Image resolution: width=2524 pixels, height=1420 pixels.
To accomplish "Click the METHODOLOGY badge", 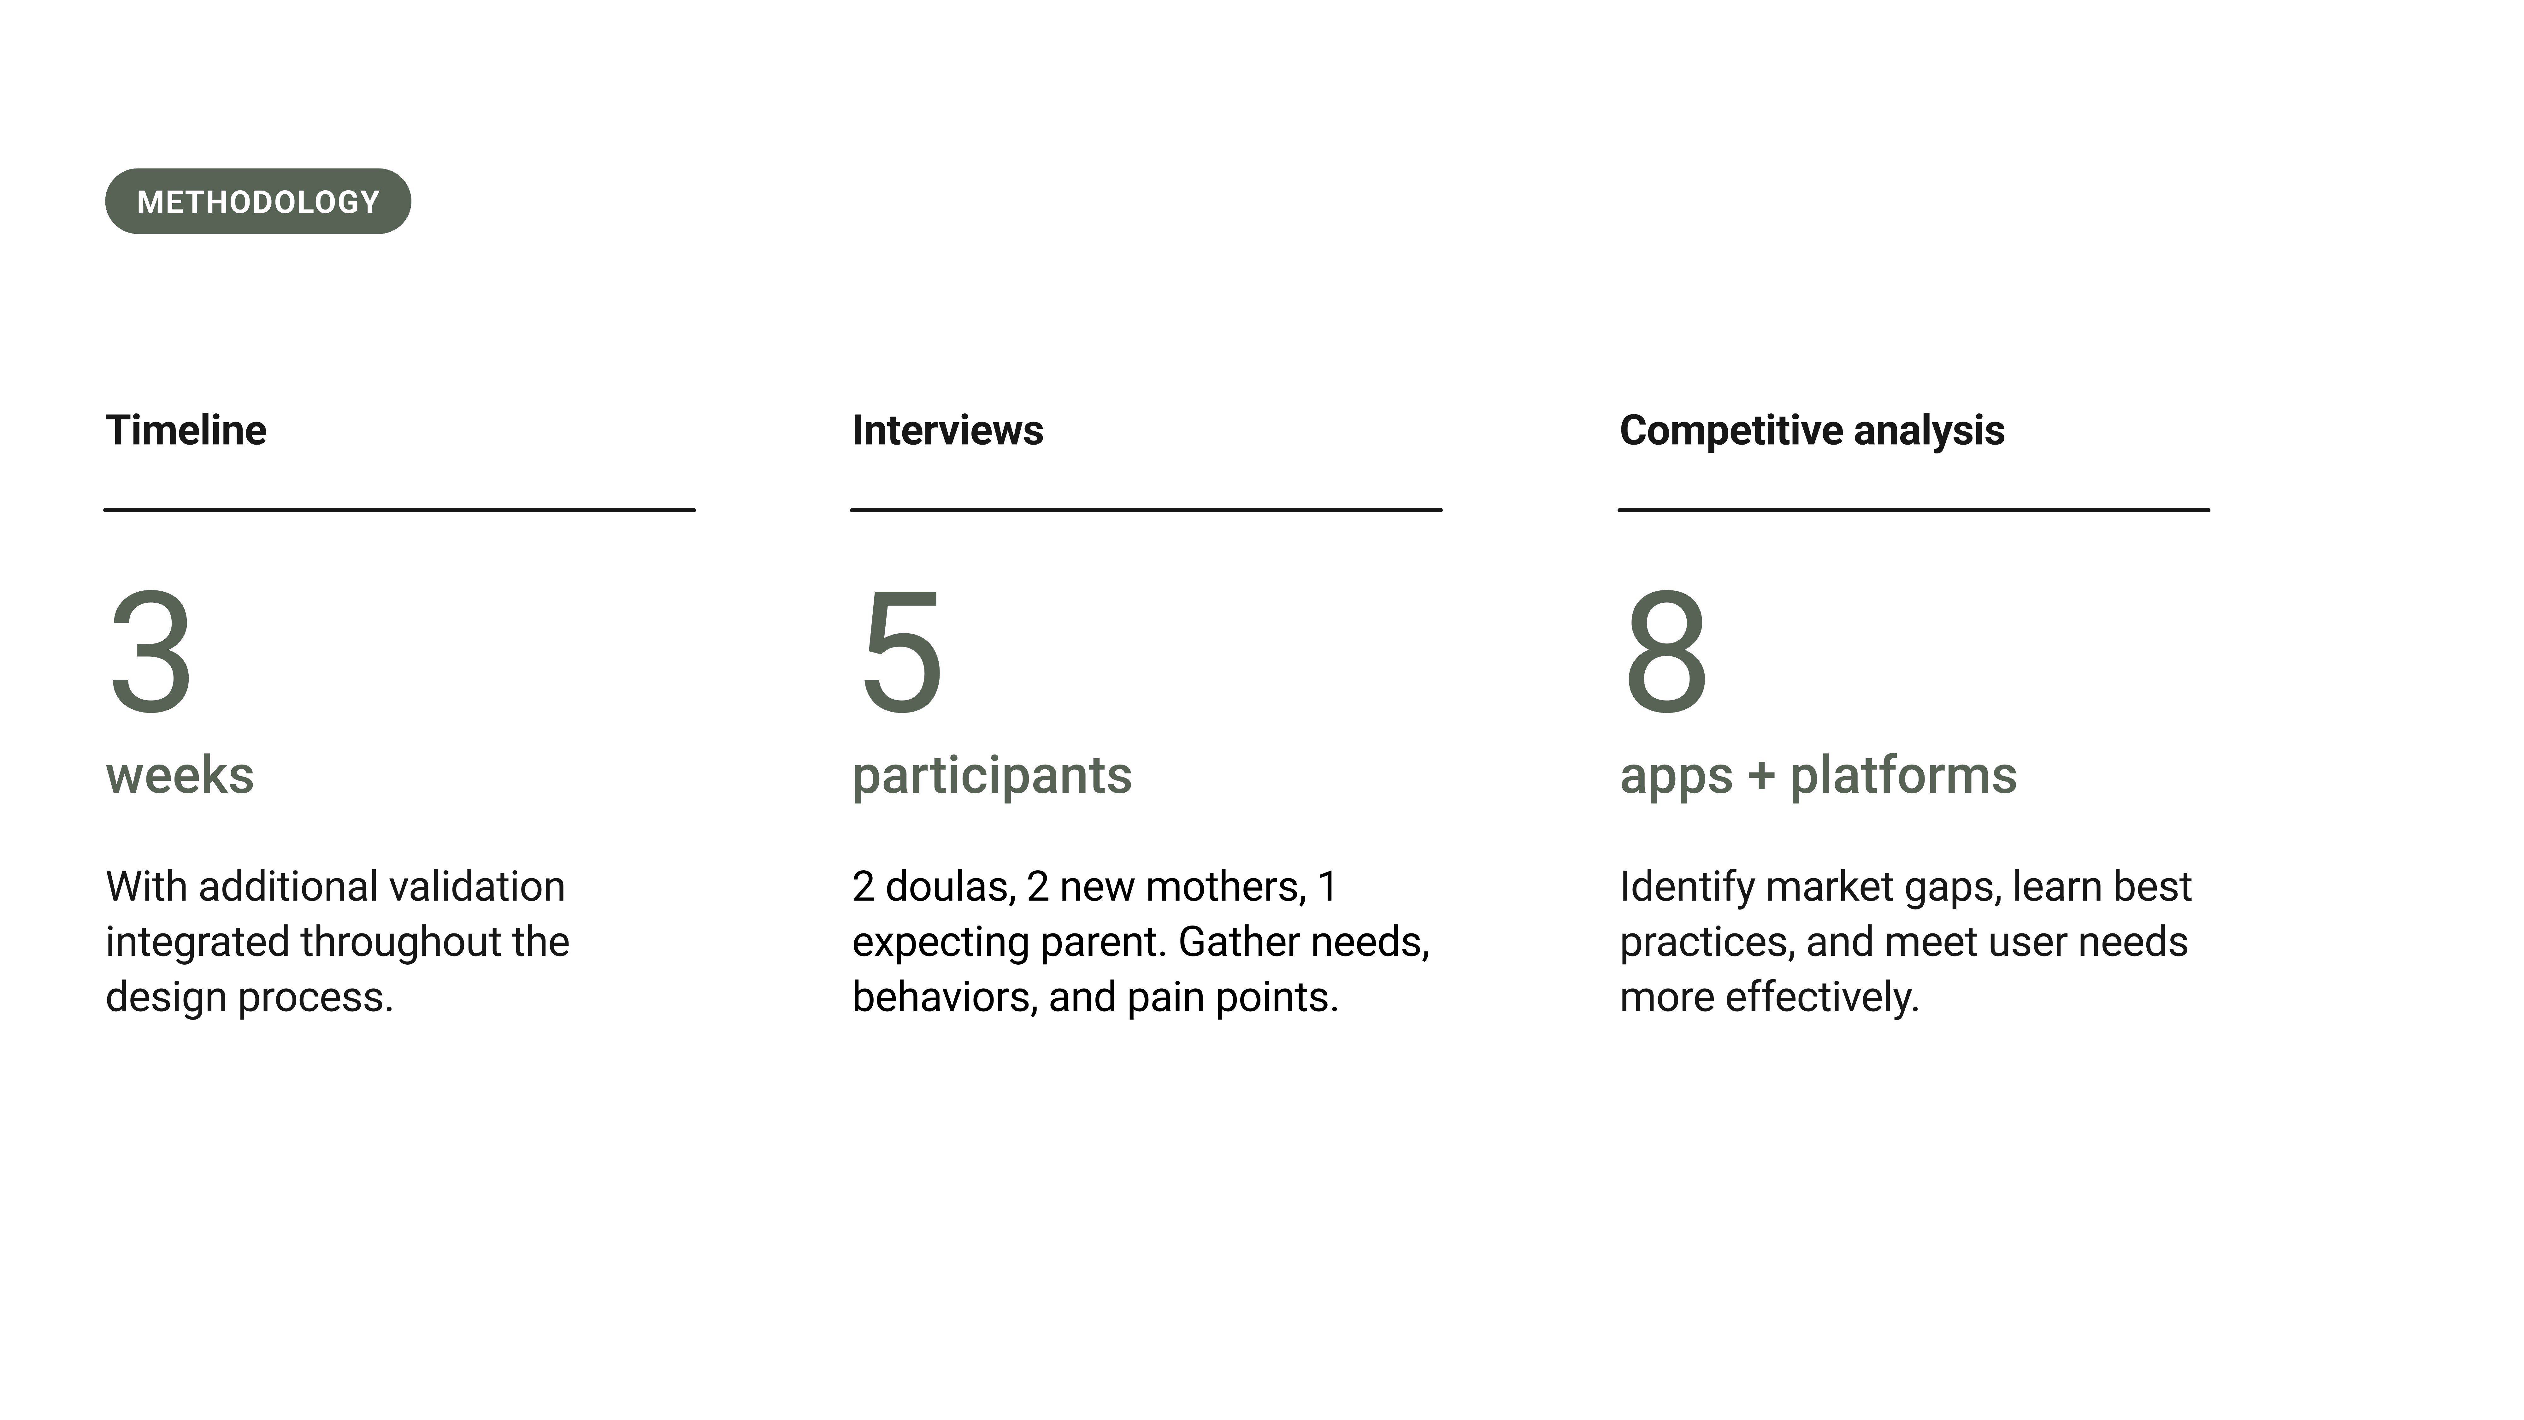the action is point(258,201).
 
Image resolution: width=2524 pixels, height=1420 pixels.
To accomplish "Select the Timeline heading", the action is point(186,430).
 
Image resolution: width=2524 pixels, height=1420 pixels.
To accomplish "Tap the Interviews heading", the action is point(947,430).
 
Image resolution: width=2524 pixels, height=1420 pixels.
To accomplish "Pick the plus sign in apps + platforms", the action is point(1761,776).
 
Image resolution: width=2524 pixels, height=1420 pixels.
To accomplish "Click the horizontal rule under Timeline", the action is point(400,510).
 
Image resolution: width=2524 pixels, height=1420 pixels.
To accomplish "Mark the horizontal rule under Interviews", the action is point(1147,510).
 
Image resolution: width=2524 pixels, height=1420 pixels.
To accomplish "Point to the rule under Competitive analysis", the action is point(1914,510).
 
